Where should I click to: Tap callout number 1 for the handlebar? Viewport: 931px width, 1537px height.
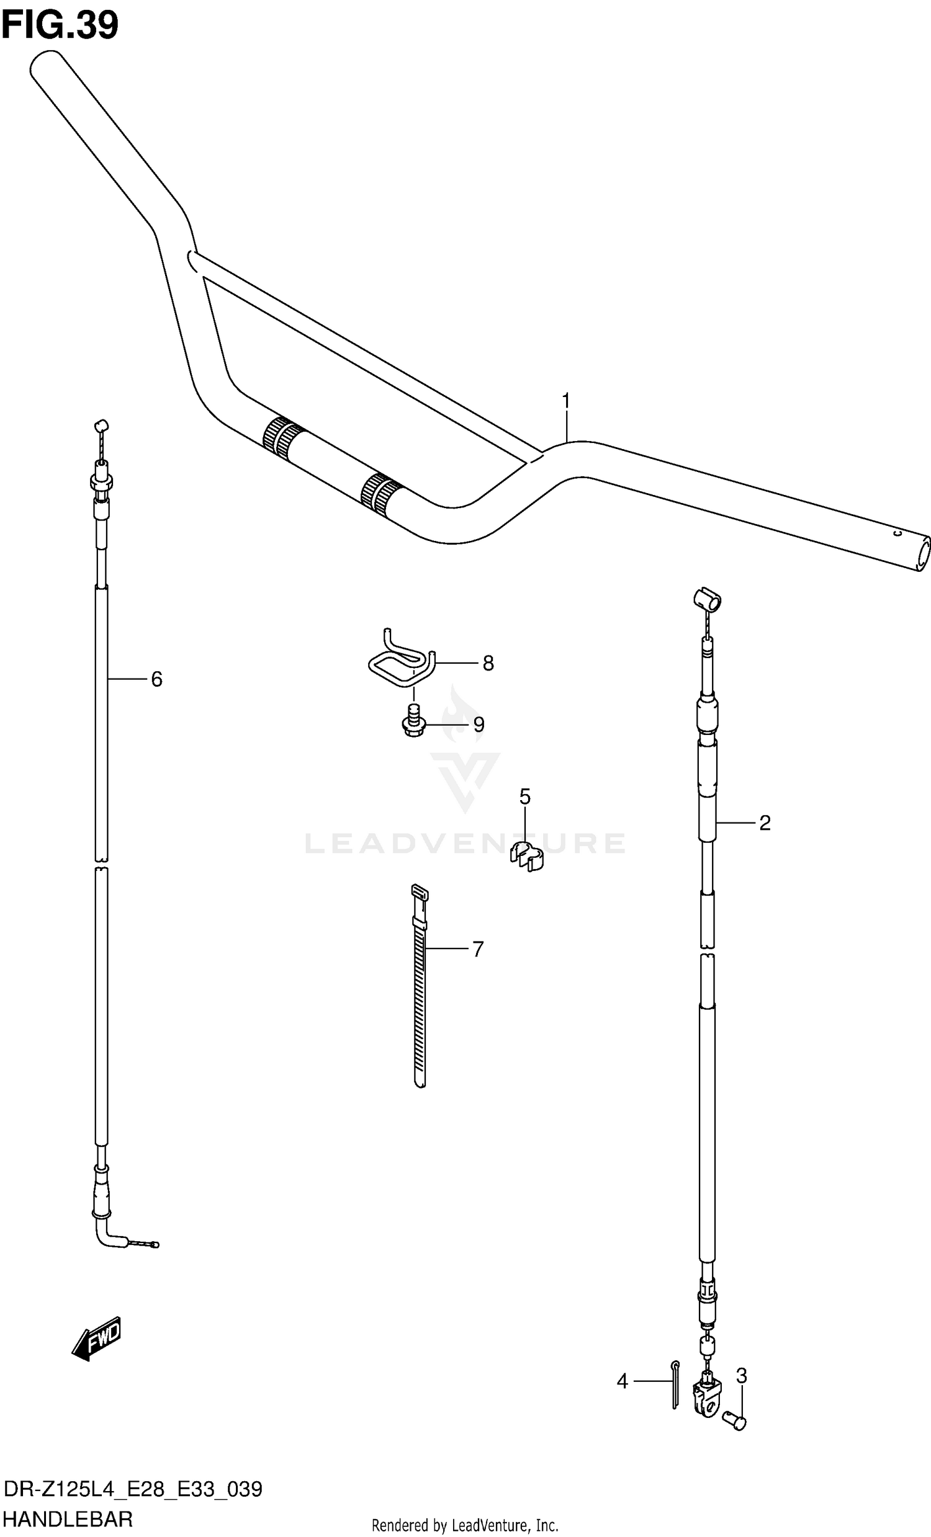pyautogui.click(x=566, y=401)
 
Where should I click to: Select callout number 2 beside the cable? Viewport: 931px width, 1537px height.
pyautogui.click(x=765, y=822)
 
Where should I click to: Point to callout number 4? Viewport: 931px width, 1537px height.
pyautogui.click(x=622, y=1382)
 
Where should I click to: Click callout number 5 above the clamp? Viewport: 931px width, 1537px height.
pyautogui.click(x=525, y=796)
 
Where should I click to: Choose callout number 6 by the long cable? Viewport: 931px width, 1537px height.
pyautogui.click(x=156, y=679)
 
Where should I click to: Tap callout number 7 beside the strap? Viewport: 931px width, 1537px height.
pyautogui.click(x=477, y=949)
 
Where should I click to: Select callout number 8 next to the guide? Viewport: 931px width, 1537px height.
pyautogui.click(x=488, y=663)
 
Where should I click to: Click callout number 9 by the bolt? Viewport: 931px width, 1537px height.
pyautogui.click(x=479, y=724)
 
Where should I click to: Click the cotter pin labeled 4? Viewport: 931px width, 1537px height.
pyautogui.click(x=675, y=1384)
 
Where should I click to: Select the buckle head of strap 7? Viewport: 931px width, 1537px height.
pyautogui.click(x=419, y=894)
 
